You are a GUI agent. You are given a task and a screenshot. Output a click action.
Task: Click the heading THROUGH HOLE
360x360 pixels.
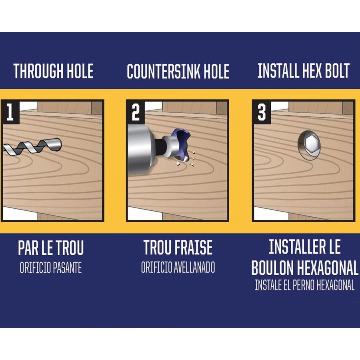click(54, 71)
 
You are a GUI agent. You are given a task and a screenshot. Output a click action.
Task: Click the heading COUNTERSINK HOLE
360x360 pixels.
click(178, 72)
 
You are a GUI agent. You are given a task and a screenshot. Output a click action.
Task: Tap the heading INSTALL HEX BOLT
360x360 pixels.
click(303, 71)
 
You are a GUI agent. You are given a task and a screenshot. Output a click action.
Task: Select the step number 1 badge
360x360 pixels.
click(10, 112)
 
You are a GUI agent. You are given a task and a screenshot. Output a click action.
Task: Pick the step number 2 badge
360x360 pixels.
click(136, 112)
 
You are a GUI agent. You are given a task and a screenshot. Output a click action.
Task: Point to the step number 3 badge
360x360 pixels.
click(262, 112)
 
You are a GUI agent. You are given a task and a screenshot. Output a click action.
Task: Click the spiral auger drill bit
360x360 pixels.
click(32, 147)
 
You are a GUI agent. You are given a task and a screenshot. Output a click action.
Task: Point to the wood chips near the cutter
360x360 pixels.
click(186, 159)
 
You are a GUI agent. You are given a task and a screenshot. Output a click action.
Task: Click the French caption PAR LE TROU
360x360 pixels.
click(51, 248)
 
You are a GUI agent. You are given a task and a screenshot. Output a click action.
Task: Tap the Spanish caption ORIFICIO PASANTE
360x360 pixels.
click(51, 268)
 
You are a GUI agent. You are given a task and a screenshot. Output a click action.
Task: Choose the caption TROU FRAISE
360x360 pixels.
click(178, 247)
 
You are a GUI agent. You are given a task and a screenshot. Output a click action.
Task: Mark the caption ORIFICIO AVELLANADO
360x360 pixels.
click(178, 267)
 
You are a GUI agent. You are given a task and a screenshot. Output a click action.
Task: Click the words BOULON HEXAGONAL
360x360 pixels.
click(305, 268)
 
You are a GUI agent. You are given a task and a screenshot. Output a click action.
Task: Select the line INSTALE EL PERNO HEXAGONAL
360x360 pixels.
click(305, 285)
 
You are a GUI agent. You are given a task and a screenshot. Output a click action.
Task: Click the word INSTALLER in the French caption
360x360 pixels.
click(296, 246)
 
